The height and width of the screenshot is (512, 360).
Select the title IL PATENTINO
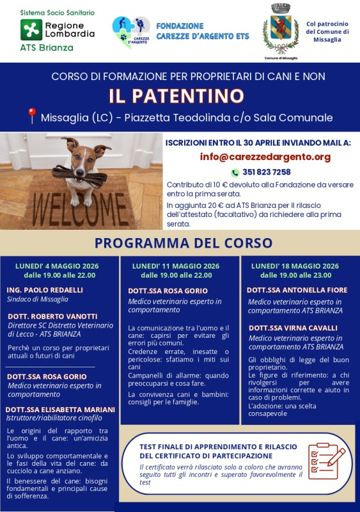176,96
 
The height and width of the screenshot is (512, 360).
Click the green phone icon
235,172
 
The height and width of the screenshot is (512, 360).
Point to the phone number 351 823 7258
267,172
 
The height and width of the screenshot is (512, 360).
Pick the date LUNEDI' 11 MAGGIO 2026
176,266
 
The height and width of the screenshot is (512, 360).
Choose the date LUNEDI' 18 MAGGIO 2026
295,266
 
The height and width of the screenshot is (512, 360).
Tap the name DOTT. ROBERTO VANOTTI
52,316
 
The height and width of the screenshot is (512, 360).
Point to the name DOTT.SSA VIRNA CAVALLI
293,328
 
